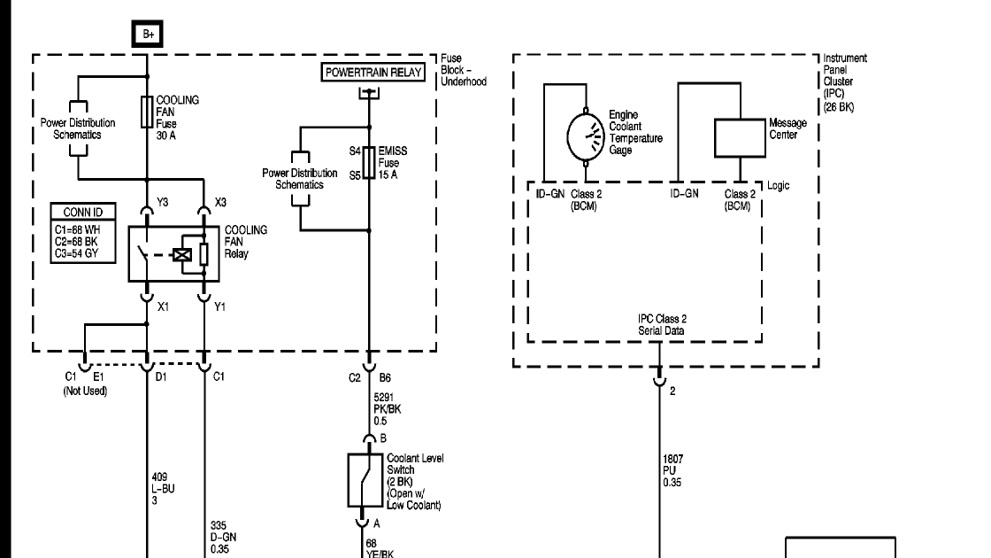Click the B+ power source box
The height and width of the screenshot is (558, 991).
click(147, 35)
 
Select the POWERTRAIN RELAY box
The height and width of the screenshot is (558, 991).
click(373, 72)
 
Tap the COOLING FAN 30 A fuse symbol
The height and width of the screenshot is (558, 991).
click(147, 112)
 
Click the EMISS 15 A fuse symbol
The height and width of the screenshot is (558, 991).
click(369, 163)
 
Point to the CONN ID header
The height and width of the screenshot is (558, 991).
click(83, 212)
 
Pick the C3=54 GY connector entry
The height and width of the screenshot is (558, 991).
click(76, 253)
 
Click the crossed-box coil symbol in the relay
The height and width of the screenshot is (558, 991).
click(182, 255)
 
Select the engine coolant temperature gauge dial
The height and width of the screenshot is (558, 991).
click(586, 137)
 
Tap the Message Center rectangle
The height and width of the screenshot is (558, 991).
click(740, 138)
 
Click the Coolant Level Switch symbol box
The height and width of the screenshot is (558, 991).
click(365, 480)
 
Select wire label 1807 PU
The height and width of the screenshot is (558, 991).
click(672, 470)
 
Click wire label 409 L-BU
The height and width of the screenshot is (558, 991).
click(163, 488)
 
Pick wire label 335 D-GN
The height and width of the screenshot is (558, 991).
click(223, 537)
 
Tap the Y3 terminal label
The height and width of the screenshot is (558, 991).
click(163, 203)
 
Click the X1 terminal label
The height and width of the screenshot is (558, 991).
click(163, 306)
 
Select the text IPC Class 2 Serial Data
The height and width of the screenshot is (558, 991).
click(662, 324)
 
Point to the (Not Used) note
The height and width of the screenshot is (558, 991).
click(85, 391)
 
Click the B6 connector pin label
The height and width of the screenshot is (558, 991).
click(385, 377)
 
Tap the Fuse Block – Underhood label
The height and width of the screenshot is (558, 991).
click(464, 70)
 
